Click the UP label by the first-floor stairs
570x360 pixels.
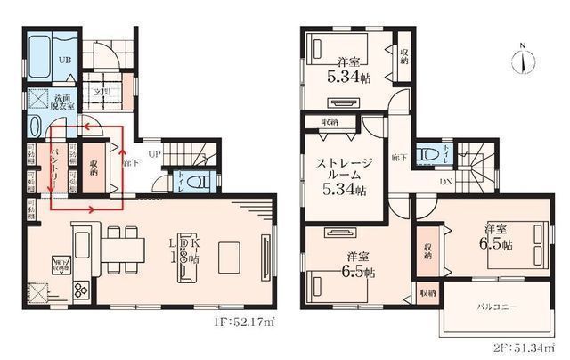click(x=154, y=154)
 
